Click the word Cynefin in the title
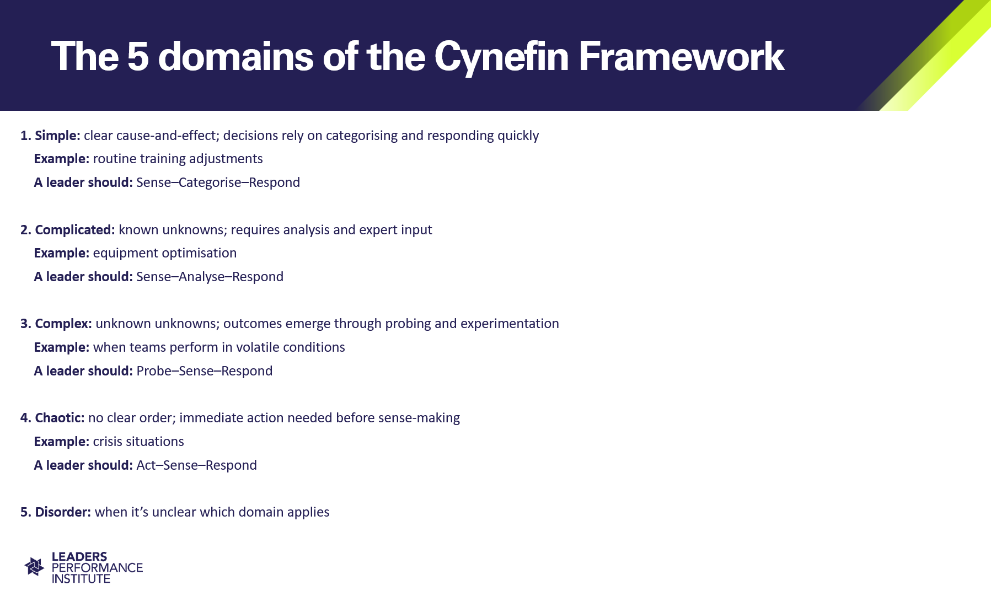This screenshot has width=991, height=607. point(501,57)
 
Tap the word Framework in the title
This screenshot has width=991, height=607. point(682,56)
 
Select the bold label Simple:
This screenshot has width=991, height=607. point(57,136)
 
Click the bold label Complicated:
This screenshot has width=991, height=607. point(75,230)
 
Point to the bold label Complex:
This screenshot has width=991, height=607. point(63,324)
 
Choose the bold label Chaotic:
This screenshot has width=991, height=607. point(60,418)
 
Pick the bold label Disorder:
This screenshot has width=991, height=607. point(63,512)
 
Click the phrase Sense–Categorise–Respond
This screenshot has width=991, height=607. point(218,182)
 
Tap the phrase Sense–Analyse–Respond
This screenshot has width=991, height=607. point(210,277)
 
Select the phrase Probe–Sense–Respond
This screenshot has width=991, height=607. point(205,371)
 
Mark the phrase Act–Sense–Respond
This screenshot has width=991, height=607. point(197,465)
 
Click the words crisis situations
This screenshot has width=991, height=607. point(138,442)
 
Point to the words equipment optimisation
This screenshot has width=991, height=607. point(165,253)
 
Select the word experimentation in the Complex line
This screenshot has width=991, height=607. point(510,324)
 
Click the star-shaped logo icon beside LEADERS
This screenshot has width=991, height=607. point(35,566)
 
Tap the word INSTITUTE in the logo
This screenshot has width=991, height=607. point(81,579)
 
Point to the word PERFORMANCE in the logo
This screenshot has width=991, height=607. point(97,568)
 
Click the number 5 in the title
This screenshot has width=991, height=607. point(138,56)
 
